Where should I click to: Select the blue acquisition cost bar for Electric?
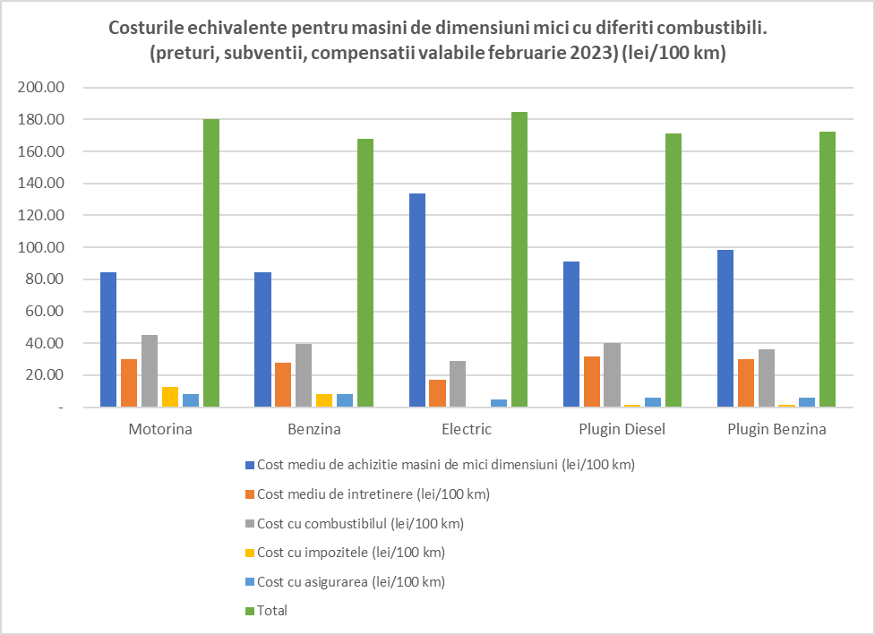click(x=417, y=300)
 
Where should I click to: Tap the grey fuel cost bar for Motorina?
click(x=150, y=371)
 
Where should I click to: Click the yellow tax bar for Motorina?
click(x=170, y=397)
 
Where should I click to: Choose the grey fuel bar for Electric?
click(x=459, y=384)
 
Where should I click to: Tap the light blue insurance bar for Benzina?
click(x=345, y=400)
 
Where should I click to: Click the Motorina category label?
click(x=160, y=429)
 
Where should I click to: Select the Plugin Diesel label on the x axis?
click(x=622, y=429)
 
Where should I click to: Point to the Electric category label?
click(x=467, y=429)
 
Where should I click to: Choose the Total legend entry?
click(x=272, y=611)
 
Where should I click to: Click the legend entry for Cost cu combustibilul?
click(x=359, y=523)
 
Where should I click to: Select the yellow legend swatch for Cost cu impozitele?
click(x=250, y=553)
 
